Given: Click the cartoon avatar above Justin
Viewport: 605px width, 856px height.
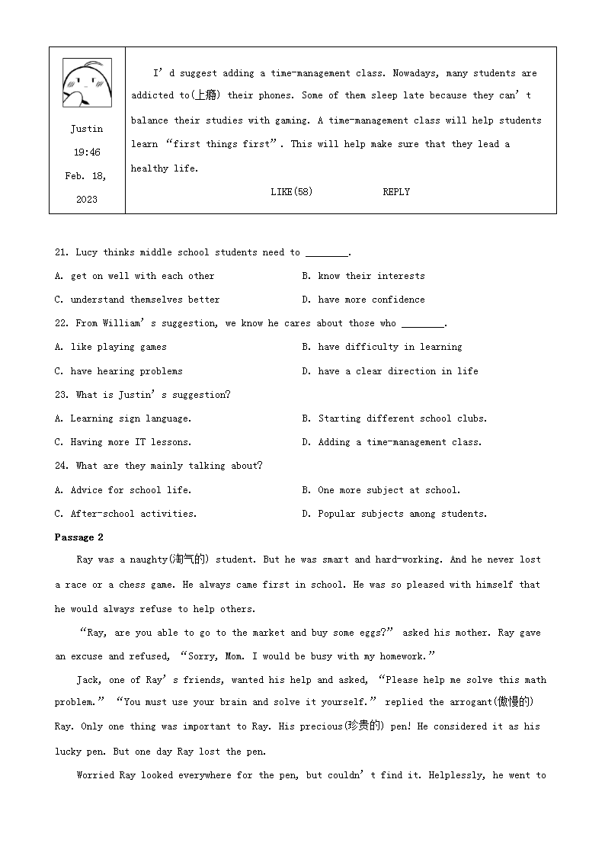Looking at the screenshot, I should point(86,82).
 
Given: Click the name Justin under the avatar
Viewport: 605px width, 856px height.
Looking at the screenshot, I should point(87,129).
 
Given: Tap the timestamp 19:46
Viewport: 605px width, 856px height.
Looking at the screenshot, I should point(87,152).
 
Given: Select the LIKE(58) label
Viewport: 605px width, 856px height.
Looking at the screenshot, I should point(291,192).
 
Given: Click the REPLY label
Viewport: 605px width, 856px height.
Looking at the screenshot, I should point(396,192).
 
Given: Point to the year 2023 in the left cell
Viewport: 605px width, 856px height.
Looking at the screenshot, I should point(87,200).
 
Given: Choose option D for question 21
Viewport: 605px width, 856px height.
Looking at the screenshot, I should point(363,300).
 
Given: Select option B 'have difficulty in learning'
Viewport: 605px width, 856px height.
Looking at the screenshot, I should point(382,347).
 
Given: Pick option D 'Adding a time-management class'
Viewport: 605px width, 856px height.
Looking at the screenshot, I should point(392,442).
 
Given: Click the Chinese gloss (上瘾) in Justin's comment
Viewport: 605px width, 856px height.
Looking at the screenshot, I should point(205,96).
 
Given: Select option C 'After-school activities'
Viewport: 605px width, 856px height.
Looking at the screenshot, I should point(126,514).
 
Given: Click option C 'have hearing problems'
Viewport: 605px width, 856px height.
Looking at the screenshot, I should point(119,371).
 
